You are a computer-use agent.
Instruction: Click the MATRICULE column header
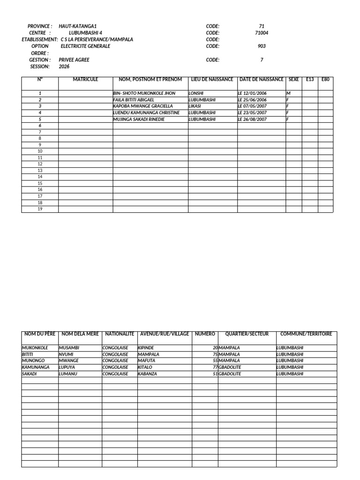tap(85, 80)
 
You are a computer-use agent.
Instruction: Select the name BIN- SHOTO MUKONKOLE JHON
tap(144, 93)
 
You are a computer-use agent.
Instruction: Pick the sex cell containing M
tap(288, 93)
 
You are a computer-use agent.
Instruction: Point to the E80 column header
tap(326, 80)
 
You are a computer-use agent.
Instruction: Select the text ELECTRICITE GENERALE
tap(85, 46)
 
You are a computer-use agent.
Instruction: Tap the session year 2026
tap(64, 67)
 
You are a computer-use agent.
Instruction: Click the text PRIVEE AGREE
tap(74, 60)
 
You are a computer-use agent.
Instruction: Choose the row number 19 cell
tap(40, 209)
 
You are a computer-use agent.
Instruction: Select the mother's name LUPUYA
tap(67, 367)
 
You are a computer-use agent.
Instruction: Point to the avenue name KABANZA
tap(148, 374)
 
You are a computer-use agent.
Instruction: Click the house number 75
tap(215, 354)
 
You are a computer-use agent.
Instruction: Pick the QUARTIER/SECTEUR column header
tap(247, 334)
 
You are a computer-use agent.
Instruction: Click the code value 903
tap(262, 46)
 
